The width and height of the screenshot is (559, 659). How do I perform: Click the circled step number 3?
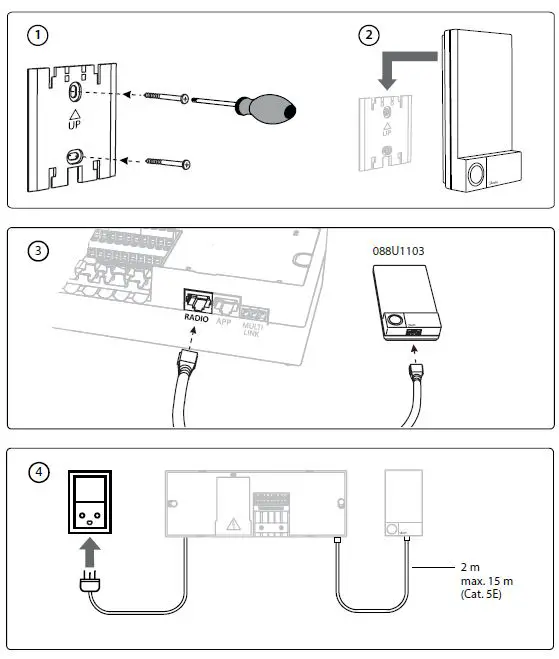click(37, 250)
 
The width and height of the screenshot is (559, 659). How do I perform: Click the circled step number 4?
click(37, 471)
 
